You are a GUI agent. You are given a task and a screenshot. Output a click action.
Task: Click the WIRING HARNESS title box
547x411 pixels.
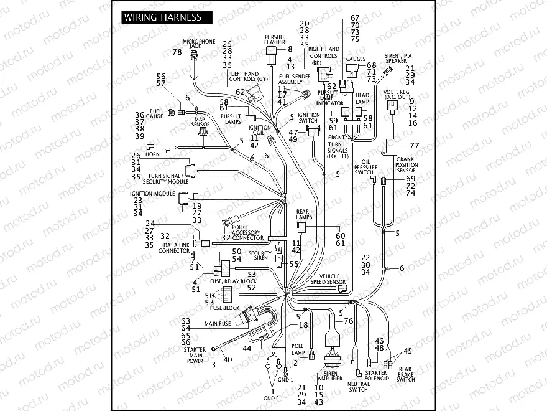[x=163, y=17]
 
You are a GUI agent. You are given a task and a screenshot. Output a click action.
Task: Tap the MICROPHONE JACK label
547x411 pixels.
[x=198, y=44]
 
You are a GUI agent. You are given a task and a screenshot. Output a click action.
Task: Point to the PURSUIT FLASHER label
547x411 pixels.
[x=274, y=39]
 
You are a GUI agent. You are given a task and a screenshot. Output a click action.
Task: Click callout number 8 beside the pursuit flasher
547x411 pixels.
[x=289, y=49]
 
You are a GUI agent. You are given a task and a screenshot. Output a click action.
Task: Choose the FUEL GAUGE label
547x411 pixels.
[x=155, y=113]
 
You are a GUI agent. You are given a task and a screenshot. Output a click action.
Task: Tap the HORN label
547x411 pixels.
[x=152, y=154]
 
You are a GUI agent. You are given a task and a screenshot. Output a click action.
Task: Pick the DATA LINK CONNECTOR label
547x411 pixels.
[x=174, y=247]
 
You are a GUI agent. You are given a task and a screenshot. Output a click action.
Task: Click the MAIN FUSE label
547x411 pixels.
[x=218, y=324]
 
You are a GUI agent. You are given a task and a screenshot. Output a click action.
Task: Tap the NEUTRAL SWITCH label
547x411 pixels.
[x=358, y=387]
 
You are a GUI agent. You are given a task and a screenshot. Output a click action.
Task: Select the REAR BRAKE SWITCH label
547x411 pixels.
[x=406, y=374]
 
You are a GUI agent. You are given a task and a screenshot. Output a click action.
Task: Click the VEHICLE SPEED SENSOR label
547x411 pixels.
[x=328, y=278]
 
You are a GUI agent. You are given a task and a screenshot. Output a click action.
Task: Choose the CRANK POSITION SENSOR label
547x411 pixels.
[x=407, y=164]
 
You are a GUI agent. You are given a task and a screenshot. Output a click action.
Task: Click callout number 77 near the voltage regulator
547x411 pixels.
[x=415, y=145]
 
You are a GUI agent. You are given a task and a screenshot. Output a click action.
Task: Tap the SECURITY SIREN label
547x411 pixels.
[x=260, y=255]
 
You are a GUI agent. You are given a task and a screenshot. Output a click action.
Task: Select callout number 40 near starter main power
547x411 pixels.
[x=227, y=359]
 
